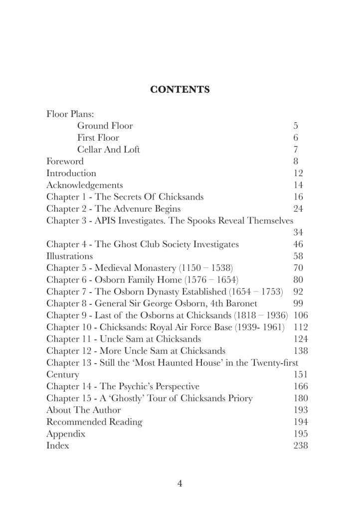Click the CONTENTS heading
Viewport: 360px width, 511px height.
tap(180, 90)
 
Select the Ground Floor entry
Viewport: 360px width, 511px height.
tap(105, 126)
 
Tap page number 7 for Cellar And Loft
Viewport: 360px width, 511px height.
tap(296, 150)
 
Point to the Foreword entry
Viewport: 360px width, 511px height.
tap(65, 161)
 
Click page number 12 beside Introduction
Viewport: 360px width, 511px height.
tap(299, 173)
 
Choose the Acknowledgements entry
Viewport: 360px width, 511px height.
tap(84, 185)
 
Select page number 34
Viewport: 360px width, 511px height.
tap(298, 233)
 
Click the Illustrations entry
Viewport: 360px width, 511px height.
tap(69, 256)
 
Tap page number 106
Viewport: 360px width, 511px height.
tap(301, 315)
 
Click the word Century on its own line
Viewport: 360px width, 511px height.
tap(63, 374)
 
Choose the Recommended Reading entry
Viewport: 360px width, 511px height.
tap(94, 422)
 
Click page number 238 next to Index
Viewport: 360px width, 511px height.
tap(301, 446)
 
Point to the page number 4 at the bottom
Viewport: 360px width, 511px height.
tap(180, 483)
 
